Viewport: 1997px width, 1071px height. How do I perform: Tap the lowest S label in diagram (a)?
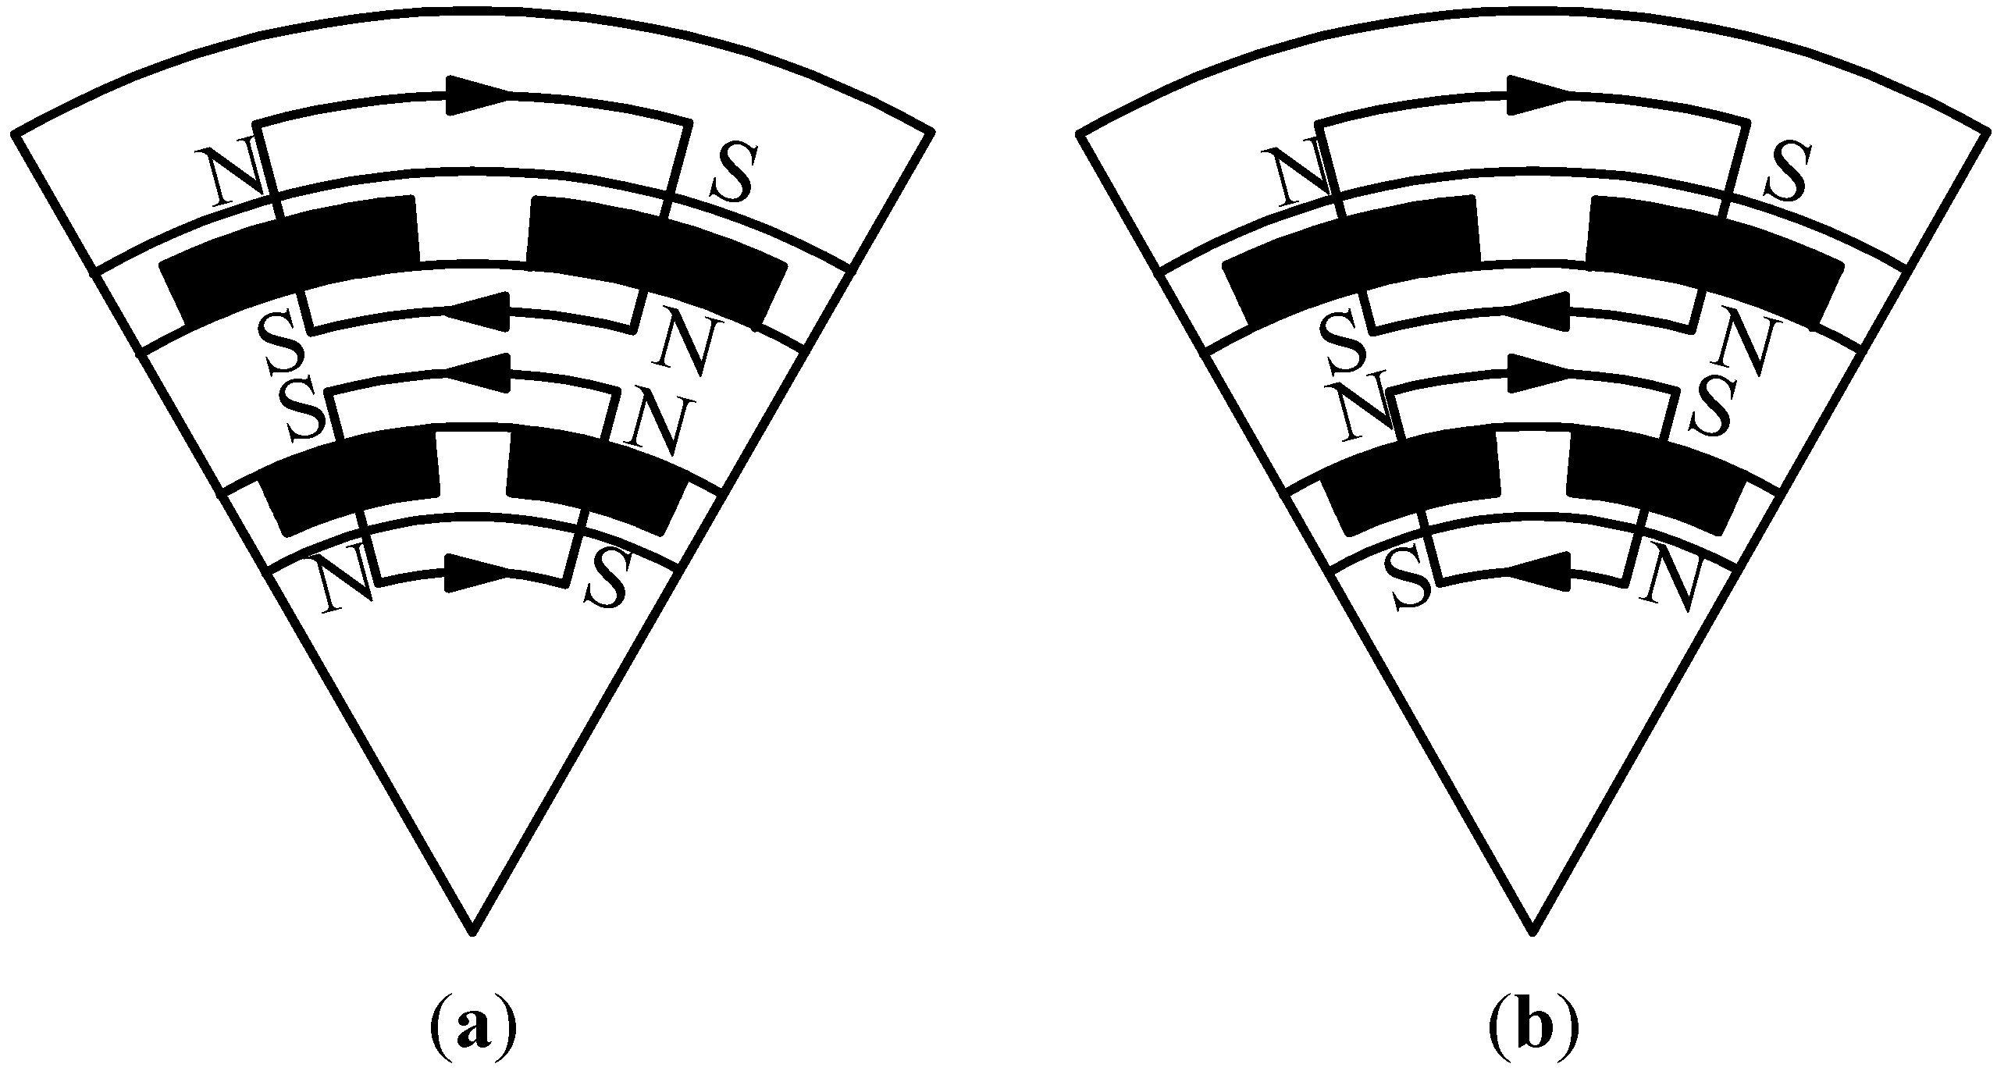pos(604,578)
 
